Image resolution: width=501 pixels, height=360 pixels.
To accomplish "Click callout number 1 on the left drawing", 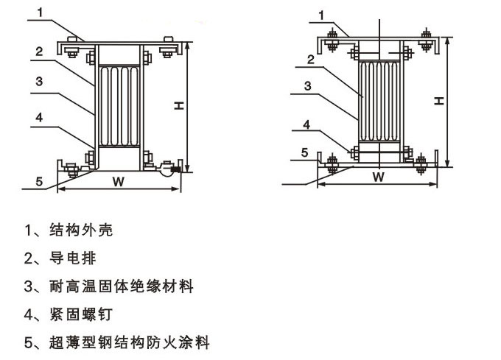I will [x=43, y=12].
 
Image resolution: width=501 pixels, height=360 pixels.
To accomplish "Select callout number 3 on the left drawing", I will [x=43, y=82].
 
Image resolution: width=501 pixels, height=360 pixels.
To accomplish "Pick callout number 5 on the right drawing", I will [x=304, y=152].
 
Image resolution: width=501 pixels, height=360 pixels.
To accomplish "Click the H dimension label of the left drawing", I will [x=179, y=106].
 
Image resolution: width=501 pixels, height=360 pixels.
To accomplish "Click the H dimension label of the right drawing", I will [x=439, y=99].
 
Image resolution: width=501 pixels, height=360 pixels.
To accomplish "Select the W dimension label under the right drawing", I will [x=378, y=177].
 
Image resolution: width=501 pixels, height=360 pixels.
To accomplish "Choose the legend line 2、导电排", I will [x=60, y=258].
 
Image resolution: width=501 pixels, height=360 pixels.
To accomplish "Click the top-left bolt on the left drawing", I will [x=72, y=51].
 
